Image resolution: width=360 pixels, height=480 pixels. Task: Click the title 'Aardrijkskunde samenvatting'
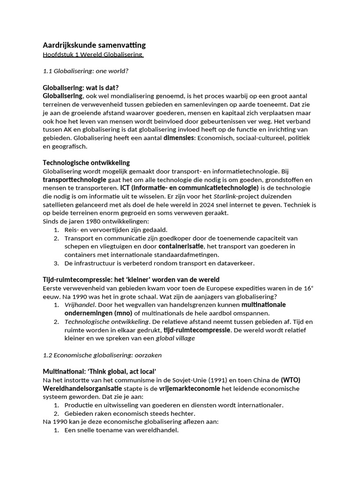(x=94, y=45)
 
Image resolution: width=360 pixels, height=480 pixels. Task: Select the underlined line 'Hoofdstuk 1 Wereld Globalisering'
(x=93, y=55)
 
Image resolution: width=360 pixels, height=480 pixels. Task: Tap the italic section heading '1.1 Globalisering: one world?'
(x=85, y=71)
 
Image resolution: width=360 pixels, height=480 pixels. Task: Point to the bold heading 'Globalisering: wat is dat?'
(x=81, y=88)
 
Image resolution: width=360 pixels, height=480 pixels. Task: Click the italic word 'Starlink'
(x=227, y=196)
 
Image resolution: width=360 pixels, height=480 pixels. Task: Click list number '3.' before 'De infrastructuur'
(x=56, y=263)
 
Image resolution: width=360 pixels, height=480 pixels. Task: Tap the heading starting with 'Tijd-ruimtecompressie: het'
(x=131, y=280)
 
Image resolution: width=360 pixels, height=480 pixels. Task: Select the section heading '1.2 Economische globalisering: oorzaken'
(x=102, y=355)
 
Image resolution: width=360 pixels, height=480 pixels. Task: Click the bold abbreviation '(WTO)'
(x=291, y=380)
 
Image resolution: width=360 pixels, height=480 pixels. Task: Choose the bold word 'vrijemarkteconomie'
(x=208, y=389)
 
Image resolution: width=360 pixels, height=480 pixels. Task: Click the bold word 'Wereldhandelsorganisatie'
(x=82, y=389)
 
